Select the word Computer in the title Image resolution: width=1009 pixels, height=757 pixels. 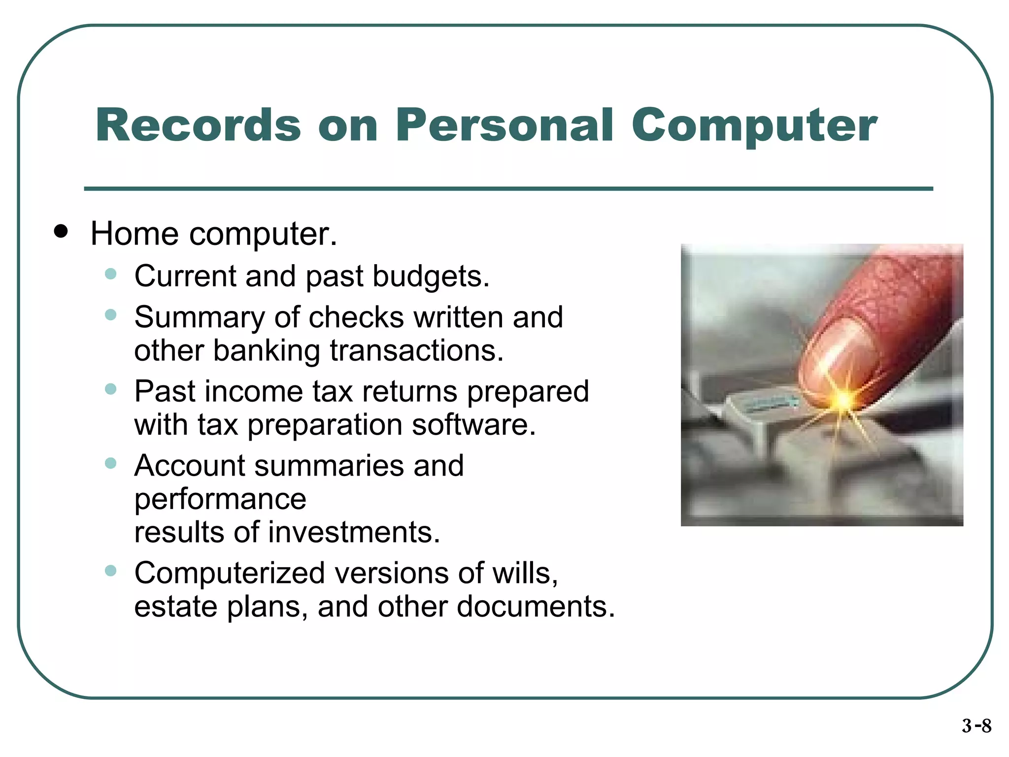tap(754, 126)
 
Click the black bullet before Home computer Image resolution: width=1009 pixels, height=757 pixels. tap(61, 231)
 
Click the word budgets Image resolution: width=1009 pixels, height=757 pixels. tap(431, 276)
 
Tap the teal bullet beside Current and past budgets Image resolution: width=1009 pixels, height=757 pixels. tap(111, 274)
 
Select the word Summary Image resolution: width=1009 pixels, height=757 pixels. tap(200, 317)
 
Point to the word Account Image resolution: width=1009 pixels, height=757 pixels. tap(190, 466)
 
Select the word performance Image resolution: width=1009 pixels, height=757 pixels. tap(220, 500)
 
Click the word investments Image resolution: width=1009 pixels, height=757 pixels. tap(354, 533)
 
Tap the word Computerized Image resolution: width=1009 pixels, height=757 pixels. tap(230, 573)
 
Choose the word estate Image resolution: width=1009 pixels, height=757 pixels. tap(175, 607)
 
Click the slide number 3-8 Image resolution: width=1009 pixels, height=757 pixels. tap(976, 726)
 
